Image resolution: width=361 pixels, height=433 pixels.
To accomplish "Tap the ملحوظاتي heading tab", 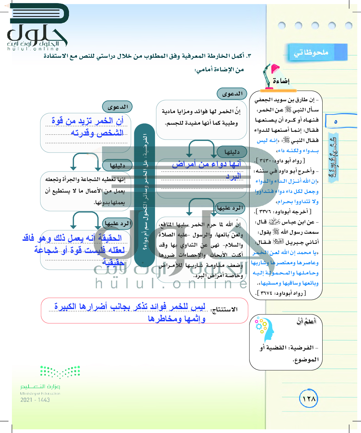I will click(x=311, y=53).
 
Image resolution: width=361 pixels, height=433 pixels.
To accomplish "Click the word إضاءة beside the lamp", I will click(x=281, y=81).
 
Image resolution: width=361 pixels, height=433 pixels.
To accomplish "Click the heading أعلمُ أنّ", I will click(x=306, y=321).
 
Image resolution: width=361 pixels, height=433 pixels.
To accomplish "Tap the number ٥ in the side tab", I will click(x=336, y=121).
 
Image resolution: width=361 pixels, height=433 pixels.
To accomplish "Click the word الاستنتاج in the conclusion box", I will click(x=225, y=309).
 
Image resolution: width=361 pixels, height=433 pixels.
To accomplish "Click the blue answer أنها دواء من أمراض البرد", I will click(x=207, y=169).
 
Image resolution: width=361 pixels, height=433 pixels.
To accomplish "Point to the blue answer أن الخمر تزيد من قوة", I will click(x=88, y=126).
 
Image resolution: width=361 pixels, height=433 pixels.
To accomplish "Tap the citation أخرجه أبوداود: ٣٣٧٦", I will click(x=283, y=212).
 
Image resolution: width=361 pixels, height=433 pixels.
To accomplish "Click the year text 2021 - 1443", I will click(x=35, y=400).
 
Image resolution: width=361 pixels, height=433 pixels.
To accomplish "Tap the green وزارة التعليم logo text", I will click(x=40, y=387).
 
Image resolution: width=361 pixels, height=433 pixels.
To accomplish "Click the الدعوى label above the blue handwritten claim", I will click(x=117, y=107).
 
